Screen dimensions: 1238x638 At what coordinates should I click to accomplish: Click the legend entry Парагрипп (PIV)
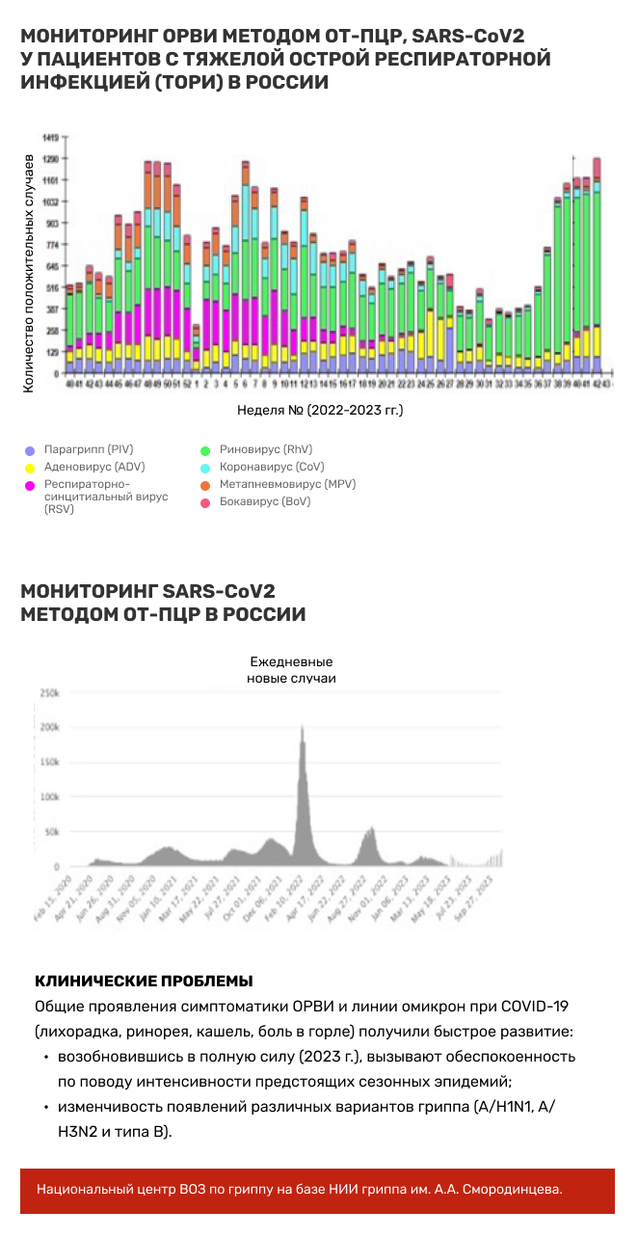[89, 449]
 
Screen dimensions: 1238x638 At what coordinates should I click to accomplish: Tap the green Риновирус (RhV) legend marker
[204, 450]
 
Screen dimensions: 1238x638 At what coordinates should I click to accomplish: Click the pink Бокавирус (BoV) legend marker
[204, 502]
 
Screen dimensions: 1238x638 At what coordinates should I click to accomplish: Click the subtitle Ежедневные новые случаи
[291, 670]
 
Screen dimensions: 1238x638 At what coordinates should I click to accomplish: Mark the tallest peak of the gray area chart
[303, 726]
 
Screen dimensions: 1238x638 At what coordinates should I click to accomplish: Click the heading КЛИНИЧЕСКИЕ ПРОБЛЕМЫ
[144, 982]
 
